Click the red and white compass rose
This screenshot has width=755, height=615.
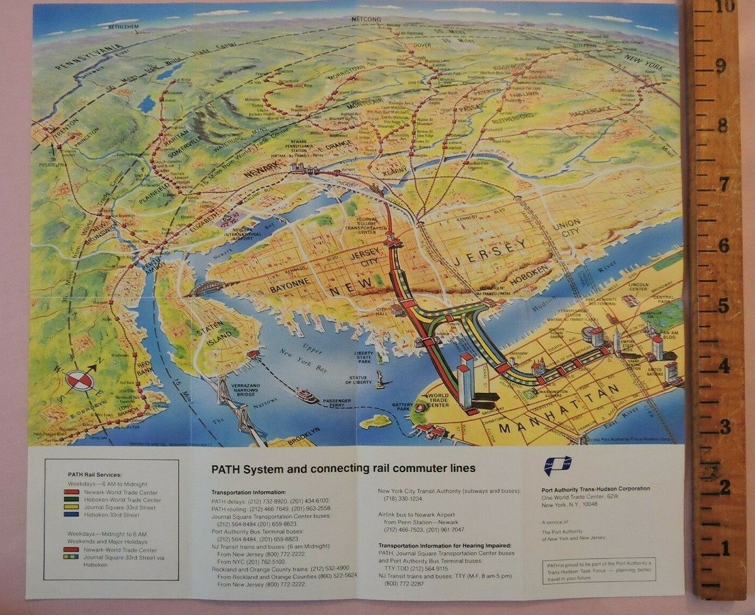pos(79,380)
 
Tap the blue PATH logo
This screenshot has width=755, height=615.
pos(557,466)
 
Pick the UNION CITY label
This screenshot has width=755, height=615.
pos(567,228)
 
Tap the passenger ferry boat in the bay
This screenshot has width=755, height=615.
pos(306,395)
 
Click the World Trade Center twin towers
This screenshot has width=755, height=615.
pos(466,378)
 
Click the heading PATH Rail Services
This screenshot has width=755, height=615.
pos(94,474)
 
